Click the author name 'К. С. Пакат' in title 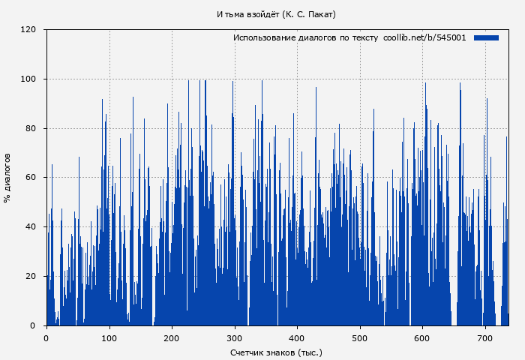[x=310, y=14]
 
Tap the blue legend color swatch [x=486, y=37]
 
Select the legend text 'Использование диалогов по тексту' [x=305, y=37]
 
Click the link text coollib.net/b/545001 [x=424, y=37]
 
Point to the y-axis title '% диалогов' [x=7, y=178]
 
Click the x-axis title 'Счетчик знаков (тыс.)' [x=276, y=352]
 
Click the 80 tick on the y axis [x=31, y=128]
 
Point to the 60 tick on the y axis [x=31, y=178]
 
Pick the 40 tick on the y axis [x=31, y=227]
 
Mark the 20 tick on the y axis [x=31, y=277]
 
